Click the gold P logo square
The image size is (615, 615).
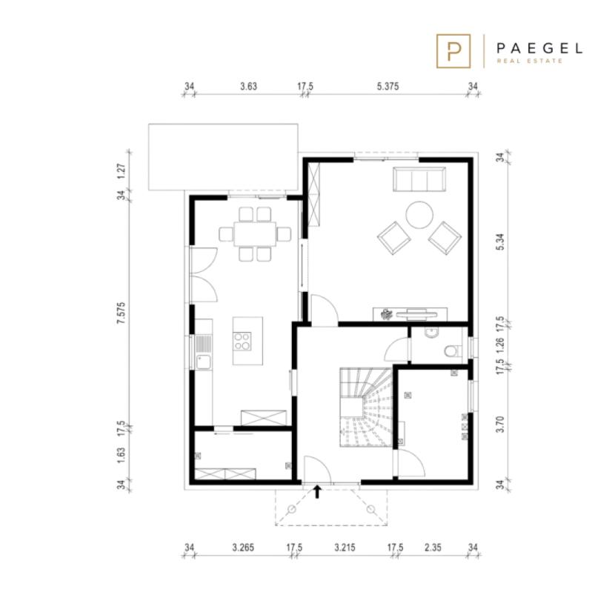point(453,51)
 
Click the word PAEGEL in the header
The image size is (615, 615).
point(539,49)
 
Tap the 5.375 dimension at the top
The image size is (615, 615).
point(388,86)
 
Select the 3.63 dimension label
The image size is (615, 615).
point(249,86)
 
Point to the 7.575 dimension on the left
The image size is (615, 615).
point(122,313)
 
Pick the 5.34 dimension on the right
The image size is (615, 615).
point(500,242)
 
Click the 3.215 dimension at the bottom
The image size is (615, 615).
point(345,547)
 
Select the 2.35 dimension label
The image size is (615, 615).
point(433,547)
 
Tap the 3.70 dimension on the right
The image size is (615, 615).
point(500,425)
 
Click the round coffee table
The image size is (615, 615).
point(419,215)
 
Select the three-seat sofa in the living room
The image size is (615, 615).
point(419,179)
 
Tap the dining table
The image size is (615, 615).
point(255,234)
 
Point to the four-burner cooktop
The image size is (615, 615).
point(242,341)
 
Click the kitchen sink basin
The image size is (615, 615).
point(203,362)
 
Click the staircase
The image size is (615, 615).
point(366,407)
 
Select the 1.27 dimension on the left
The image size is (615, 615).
point(122,171)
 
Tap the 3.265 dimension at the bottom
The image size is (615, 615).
point(243,547)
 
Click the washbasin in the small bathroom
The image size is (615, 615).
point(431,333)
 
